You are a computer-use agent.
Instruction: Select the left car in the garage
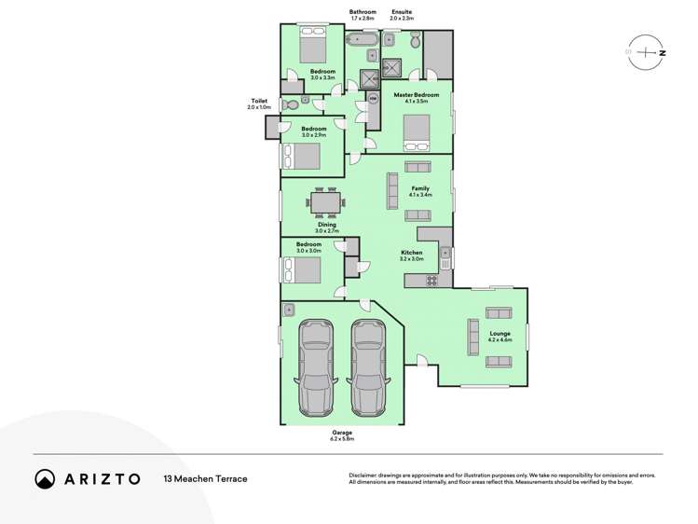315,368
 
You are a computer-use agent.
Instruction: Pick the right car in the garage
367,368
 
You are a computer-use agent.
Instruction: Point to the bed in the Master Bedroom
416,132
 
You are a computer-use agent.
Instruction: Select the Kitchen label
411,253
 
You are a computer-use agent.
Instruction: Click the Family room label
420,188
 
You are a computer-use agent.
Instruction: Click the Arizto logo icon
45,478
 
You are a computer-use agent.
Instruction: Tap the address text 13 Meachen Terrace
206,478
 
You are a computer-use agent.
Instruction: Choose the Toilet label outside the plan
260,101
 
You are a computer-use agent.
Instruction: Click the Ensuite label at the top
403,13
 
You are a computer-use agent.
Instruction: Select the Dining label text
327,225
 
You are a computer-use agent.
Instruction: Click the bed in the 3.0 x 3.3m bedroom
312,43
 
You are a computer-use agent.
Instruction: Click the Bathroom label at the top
363,13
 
